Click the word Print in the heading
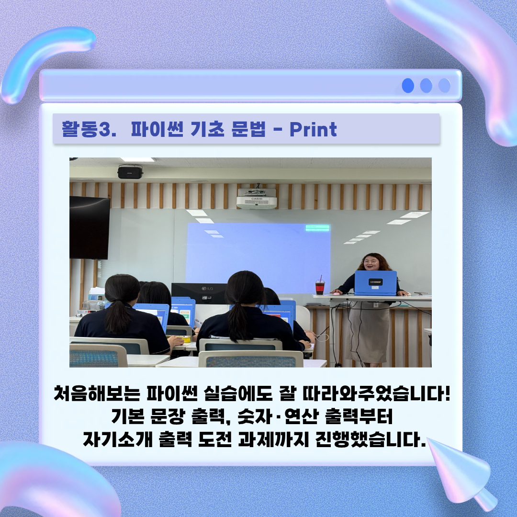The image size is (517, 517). pyautogui.click(x=313, y=129)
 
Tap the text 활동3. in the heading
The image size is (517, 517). pyautogui.click(x=89, y=129)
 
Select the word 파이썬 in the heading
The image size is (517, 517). pyautogui.click(x=157, y=129)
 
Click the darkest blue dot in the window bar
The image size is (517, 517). pyautogui.click(x=408, y=86)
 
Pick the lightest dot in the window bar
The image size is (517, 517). pyautogui.click(x=444, y=86)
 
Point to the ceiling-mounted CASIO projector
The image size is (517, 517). pyautogui.click(x=257, y=199)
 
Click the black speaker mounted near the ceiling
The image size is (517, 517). pyautogui.click(x=130, y=171)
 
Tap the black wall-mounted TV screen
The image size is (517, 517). pyautogui.click(x=90, y=228)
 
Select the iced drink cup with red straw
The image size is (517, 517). pyautogui.click(x=320, y=285)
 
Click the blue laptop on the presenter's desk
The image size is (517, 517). pyautogui.click(x=376, y=283)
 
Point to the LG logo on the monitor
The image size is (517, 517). pyautogui.click(x=207, y=289)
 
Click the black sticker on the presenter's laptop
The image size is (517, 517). pyautogui.click(x=376, y=282)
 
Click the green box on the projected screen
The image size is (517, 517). pyautogui.click(x=317, y=228)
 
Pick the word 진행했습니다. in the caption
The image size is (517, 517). pyautogui.click(x=371, y=439)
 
